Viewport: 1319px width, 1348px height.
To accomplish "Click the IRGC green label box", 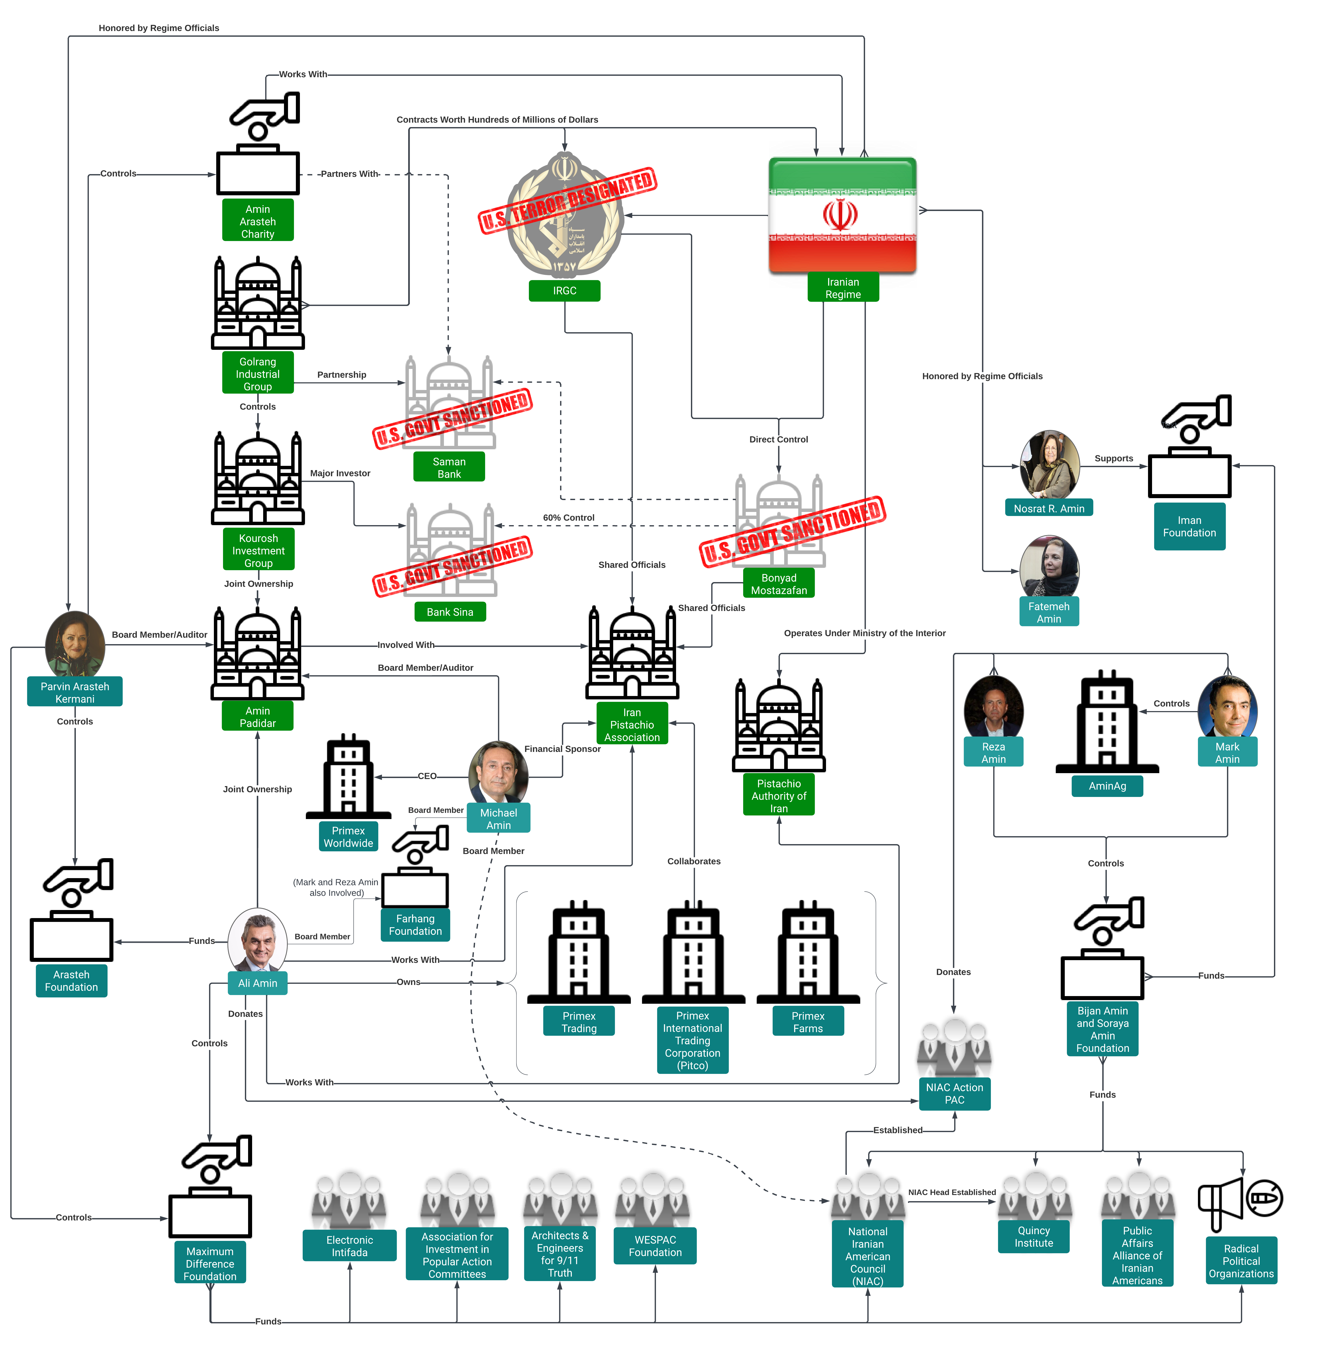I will click(x=564, y=290).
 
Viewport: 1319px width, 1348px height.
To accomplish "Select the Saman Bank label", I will click(x=449, y=467).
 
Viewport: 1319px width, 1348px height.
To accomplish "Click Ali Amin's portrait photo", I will click(x=257, y=939).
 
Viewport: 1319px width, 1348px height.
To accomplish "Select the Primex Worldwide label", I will click(x=348, y=836).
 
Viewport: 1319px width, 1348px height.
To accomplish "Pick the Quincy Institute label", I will click(x=1034, y=1236).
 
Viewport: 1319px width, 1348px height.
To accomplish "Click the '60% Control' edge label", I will click(x=568, y=518).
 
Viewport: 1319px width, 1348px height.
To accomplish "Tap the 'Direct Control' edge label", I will click(x=778, y=439).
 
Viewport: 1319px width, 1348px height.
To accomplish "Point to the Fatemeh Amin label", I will click(x=1049, y=612).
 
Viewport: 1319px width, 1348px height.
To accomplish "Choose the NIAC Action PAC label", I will click(x=954, y=1093).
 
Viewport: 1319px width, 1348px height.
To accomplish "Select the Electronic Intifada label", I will click(x=349, y=1245).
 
